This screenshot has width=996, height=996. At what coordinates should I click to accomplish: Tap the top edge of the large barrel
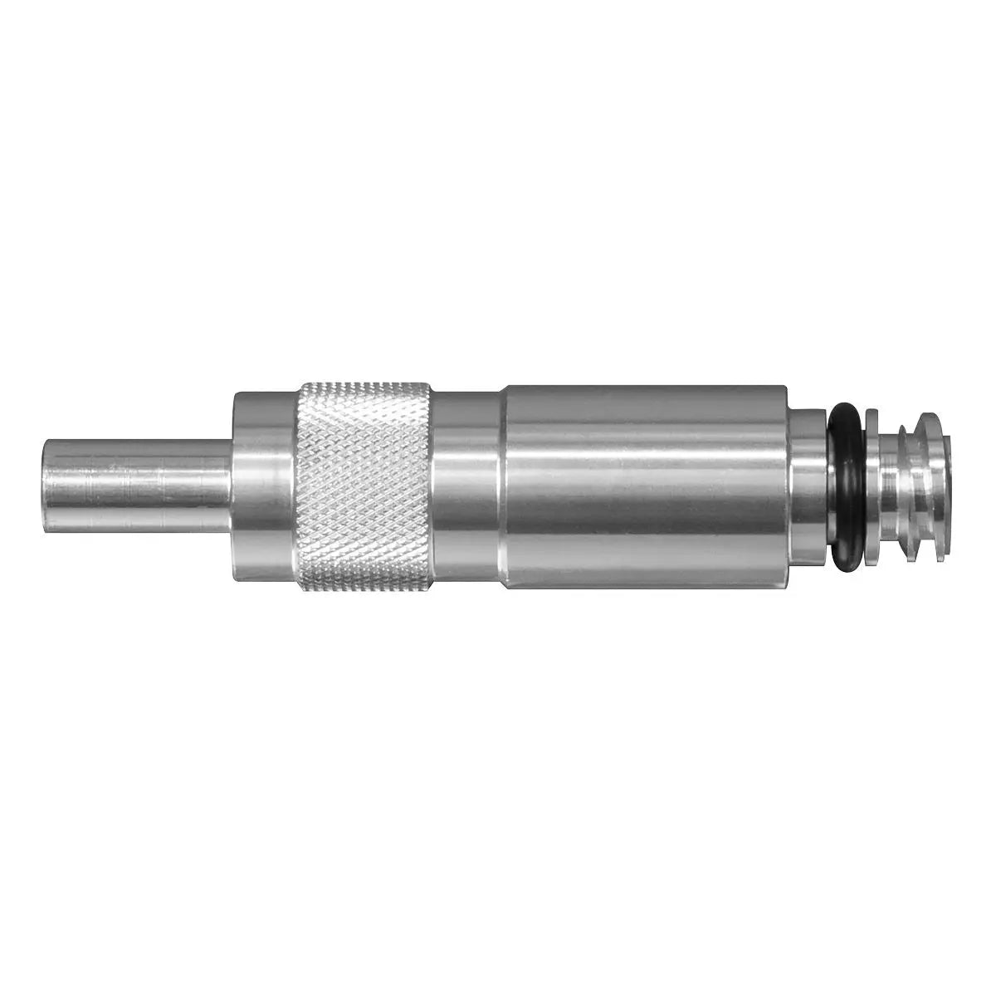click(x=647, y=387)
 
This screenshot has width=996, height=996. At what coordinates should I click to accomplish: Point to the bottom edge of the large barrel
click(x=647, y=587)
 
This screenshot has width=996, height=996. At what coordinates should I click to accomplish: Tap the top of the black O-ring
click(x=845, y=409)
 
